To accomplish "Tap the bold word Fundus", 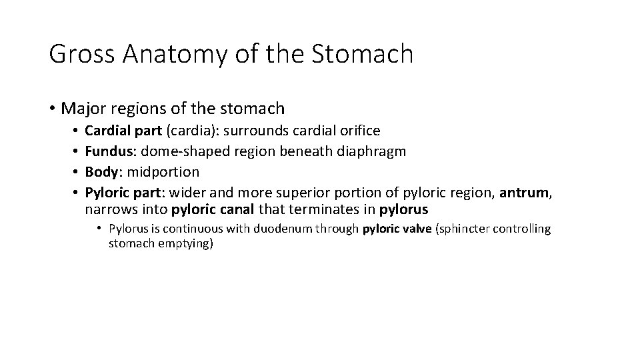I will pos(107,151).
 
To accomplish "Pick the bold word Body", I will pos(101,171).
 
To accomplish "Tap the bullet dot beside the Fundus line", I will pos(77,151).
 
